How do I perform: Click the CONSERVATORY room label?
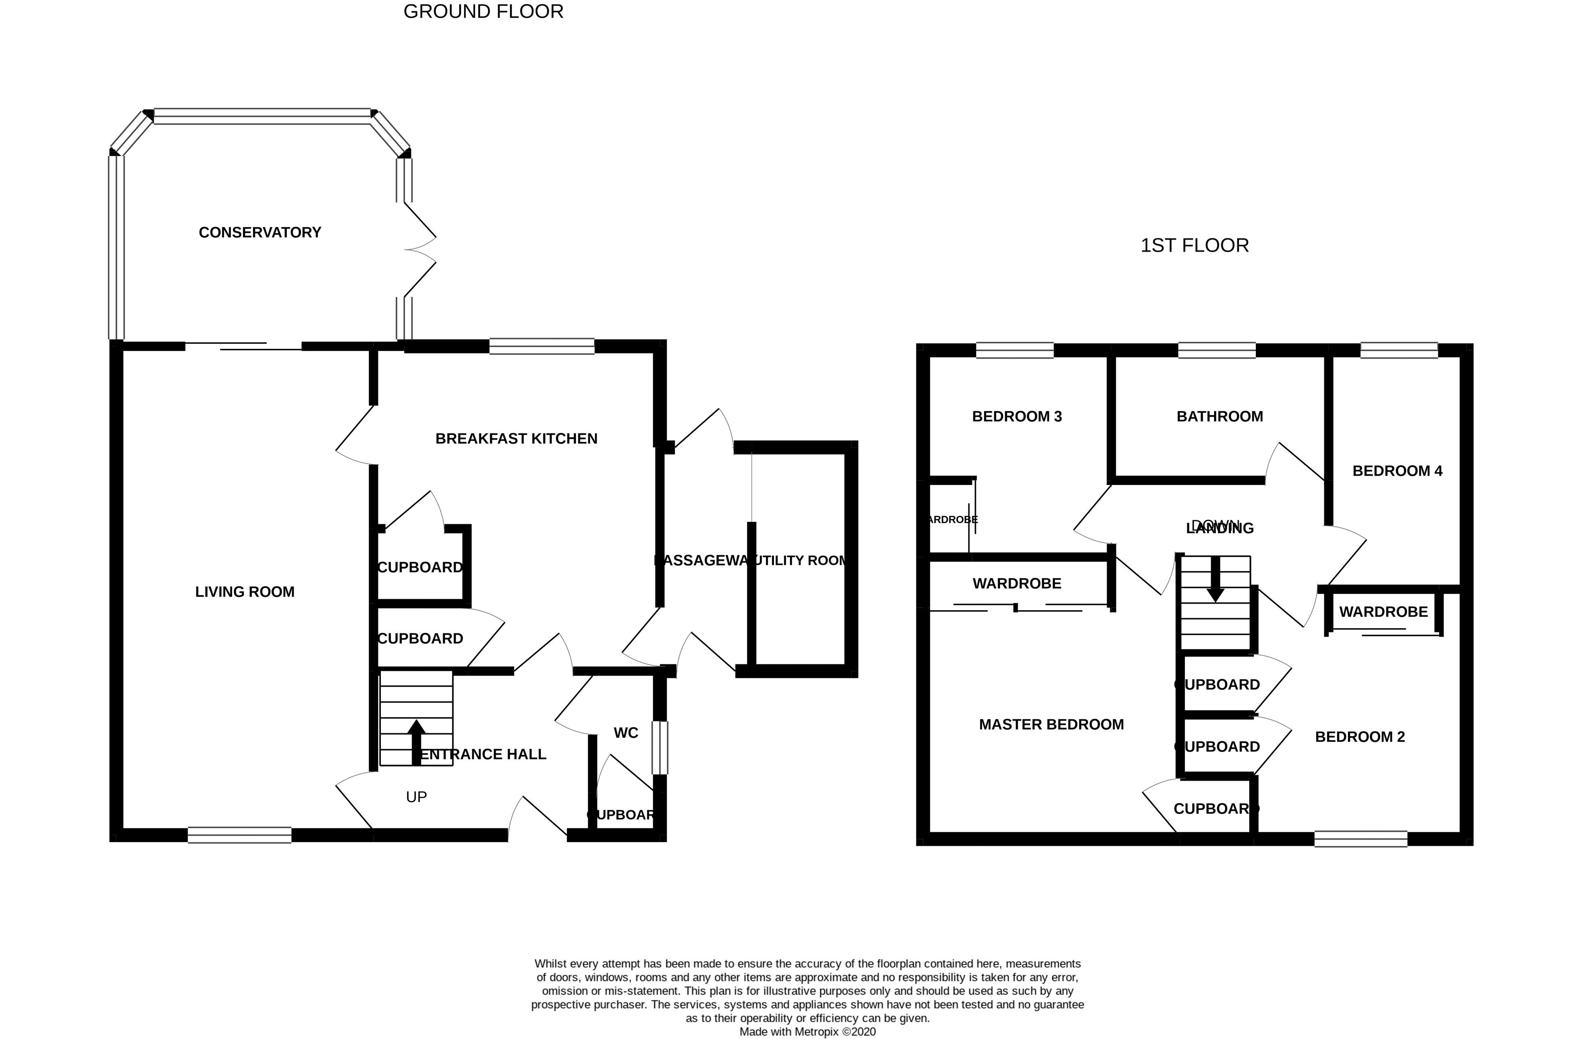(x=260, y=232)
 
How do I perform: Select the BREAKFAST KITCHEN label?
(x=516, y=439)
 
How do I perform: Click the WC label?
(x=625, y=733)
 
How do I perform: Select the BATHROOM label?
(x=1219, y=417)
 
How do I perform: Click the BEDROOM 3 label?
(x=1016, y=417)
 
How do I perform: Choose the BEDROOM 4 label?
(x=1397, y=471)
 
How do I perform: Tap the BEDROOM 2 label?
(x=1360, y=737)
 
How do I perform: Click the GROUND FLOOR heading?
(x=483, y=11)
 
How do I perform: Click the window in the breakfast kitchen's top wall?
(x=542, y=346)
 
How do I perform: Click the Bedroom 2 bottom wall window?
(x=1361, y=839)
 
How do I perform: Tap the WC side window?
(x=659, y=748)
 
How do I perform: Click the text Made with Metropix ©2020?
(x=807, y=1032)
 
